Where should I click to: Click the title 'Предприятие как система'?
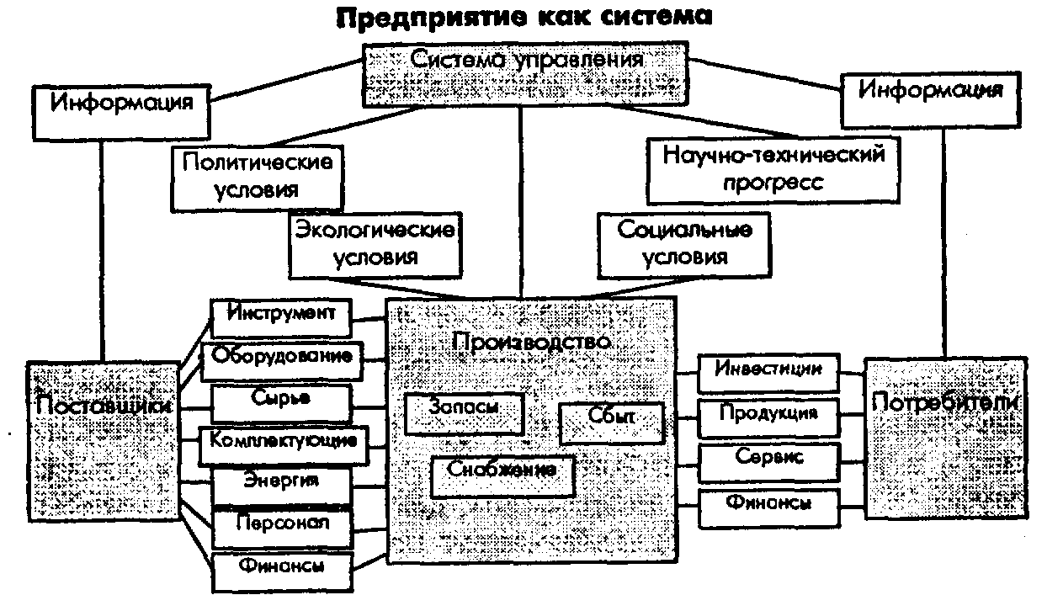point(524,18)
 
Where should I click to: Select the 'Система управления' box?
point(525,74)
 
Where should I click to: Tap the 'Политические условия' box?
point(258,178)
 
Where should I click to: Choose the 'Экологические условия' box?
point(375,245)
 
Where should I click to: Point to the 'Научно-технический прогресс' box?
point(773,171)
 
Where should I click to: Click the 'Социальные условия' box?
point(684,245)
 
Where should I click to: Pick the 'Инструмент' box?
point(281,317)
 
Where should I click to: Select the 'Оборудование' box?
point(282,361)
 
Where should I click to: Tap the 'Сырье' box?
point(282,403)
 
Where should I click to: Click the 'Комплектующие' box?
point(284,445)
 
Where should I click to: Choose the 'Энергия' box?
point(282,486)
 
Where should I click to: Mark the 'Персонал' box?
point(282,529)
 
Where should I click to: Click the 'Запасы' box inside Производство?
point(465,414)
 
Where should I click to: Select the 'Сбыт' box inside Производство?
point(612,423)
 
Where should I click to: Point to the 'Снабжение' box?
point(502,476)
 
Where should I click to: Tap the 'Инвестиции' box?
point(768,373)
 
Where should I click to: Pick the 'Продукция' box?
point(768,418)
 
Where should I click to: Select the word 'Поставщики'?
point(104,406)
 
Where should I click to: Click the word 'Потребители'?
point(945,402)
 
